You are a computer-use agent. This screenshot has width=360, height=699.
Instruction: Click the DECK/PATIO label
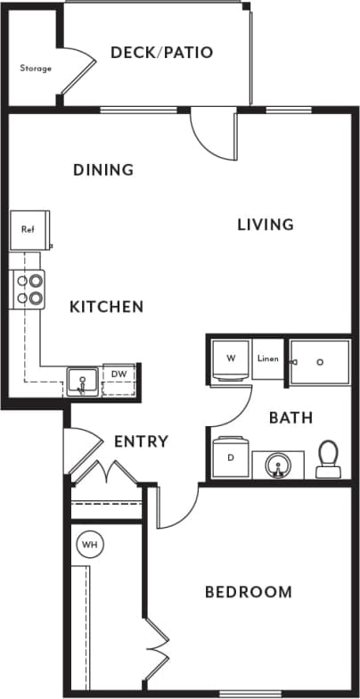coord(161,53)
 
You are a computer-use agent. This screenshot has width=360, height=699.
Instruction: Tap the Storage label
coord(36,68)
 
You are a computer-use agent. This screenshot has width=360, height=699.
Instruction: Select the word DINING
coord(103,169)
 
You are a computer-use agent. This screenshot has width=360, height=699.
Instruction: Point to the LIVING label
coord(265,224)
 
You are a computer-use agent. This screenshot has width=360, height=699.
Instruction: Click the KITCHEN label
coord(106,307)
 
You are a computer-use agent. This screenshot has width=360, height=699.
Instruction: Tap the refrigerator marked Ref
coord(29,229)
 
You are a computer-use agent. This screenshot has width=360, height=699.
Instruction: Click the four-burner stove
coord(28,289)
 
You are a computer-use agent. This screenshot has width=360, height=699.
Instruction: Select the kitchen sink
coord(84,381)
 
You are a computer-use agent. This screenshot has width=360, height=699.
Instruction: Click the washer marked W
coord(231,360)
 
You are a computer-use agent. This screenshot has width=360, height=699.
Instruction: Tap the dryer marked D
coord(231,457)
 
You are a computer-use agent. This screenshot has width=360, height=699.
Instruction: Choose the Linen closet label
coord(268,360)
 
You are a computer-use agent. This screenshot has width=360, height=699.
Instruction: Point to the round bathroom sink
coord(277,465)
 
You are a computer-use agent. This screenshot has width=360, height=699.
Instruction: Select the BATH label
coord(290,417)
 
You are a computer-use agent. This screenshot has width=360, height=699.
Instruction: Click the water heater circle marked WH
coord(89,544)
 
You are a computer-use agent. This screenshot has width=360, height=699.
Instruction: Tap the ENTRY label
coord(142,441)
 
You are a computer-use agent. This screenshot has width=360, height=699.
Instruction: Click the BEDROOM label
coord(248,592)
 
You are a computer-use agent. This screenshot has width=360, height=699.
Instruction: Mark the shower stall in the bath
coord(320,361)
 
